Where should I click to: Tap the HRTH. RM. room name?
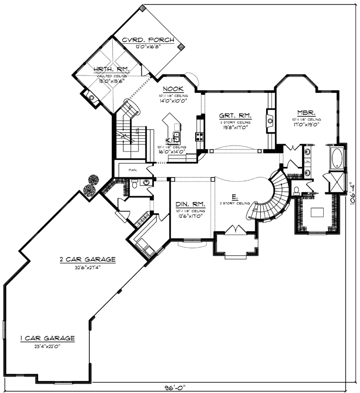tap(104, 69)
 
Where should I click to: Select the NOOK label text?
tap(172, 89)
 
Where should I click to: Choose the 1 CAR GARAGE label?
tap(47, 338)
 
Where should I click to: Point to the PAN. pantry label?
tap(133, 170)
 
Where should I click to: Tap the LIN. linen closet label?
tap(307, 162)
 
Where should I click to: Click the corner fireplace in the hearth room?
tap(90, 97)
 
